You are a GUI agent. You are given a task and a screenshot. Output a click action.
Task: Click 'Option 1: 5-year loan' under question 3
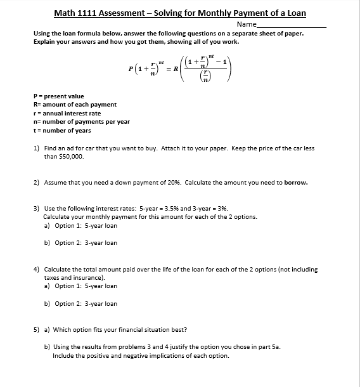pos(86,225)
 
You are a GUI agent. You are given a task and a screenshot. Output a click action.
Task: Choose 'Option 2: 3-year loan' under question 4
pos(86,303)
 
